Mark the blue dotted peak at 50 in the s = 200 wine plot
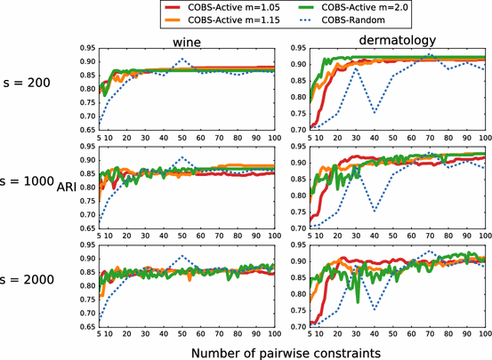coord(181,59)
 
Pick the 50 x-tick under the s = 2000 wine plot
coord(181,334)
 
